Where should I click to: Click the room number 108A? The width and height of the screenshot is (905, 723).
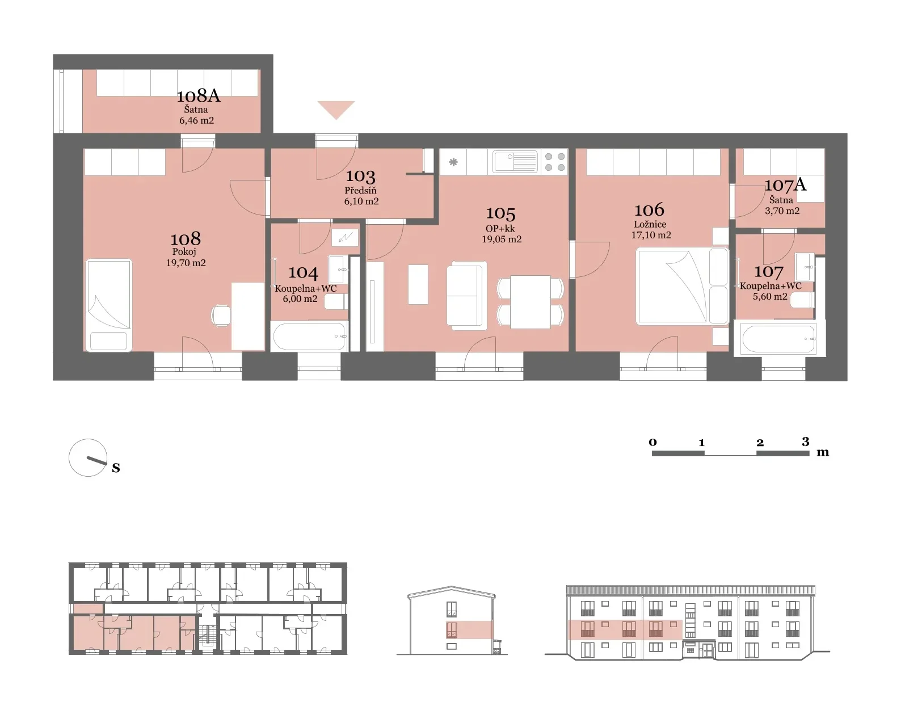[x=199, y=96]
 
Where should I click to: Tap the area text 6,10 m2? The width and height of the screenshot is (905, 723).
[x=361, y=201]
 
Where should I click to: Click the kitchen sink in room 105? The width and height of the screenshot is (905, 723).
[x=515, y=162]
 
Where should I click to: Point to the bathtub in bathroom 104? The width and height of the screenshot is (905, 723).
[x=310, y=337]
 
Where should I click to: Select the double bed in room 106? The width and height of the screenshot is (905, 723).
[x=682, y=287]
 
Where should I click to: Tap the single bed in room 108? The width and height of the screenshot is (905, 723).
[x=109, y=305]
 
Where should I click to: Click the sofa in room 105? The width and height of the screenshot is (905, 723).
[x=466, y=296]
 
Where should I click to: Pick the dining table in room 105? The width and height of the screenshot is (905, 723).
[x=531, y=301]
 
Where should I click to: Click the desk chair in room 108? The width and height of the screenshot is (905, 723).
[x=221, y=316]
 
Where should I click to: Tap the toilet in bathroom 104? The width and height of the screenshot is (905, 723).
[x=335, y=301]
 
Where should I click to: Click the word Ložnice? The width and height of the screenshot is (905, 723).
[x=650, y=224]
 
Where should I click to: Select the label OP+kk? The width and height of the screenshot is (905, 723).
[x=500, y=228]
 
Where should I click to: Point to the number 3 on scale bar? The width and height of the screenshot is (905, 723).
[x=805, y=441]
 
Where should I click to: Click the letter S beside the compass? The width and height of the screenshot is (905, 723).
[x=116, y=468]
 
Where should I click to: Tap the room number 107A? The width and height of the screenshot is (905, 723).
[x=785, y=184]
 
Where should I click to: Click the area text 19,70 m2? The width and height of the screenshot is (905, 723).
[x=186, y=263]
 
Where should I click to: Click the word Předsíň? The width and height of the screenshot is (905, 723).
[x=360, y=190]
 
